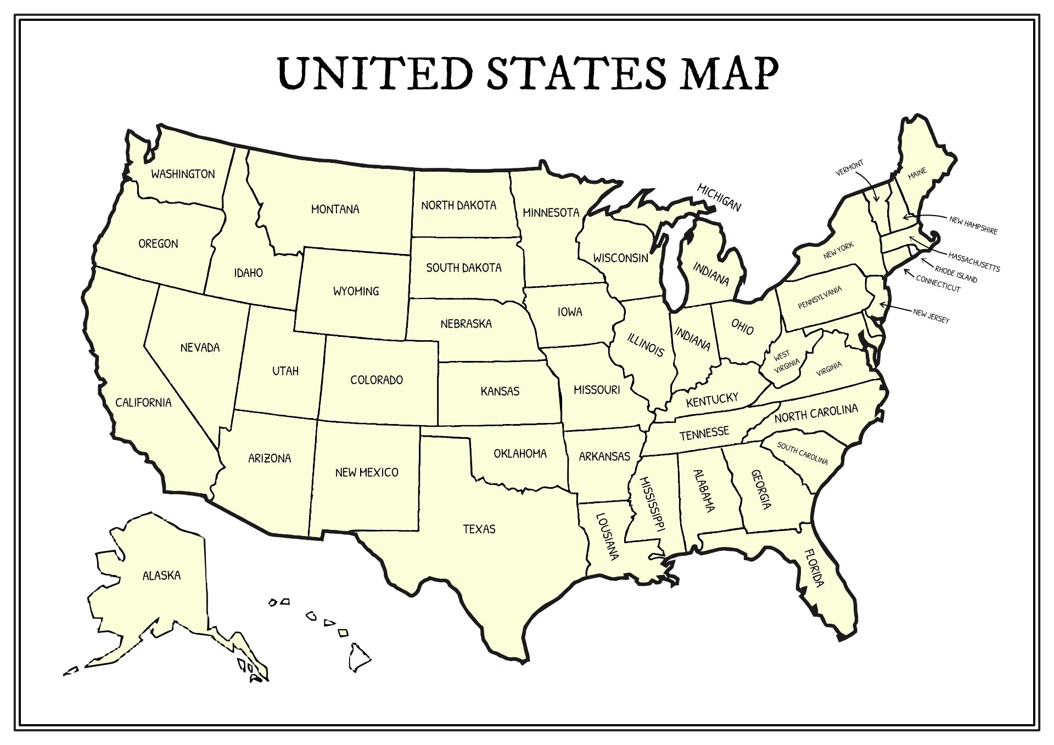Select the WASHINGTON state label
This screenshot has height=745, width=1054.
pyautogui.click(x=183, y=174)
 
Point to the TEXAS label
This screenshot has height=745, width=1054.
pyautogui.click(x=479, y=529)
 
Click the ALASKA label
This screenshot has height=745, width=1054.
pyautogui.click(x=161, y=575)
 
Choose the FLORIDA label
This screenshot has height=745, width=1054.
pyautogui.click(x=814, y=568)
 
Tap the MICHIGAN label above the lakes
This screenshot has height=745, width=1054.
pyautogui.click(x=719, y=197)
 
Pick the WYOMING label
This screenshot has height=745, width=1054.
pyautogui.click(x=356, y=291)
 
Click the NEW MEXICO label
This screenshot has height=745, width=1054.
pyautogui.click(x=367, y=472)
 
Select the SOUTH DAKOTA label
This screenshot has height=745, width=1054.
pyautogui.click(x=464, y=268)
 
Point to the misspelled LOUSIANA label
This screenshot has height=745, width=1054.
pyautogui.click(x=607, y=537)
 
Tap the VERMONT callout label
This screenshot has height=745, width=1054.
pyautogui.click(x=849, y=168)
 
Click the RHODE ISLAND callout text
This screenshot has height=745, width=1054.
pyautogui.click(x=956, y=274)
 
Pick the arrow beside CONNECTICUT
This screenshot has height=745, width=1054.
pyautogui.click(x=909, y=273)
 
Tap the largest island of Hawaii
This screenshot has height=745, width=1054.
pyautogui.click(x=360, y=657)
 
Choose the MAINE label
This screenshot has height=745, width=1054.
pyautogui.click(x=917, y=173)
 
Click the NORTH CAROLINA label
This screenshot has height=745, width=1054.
pyautogui.click(x=816, y=413)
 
